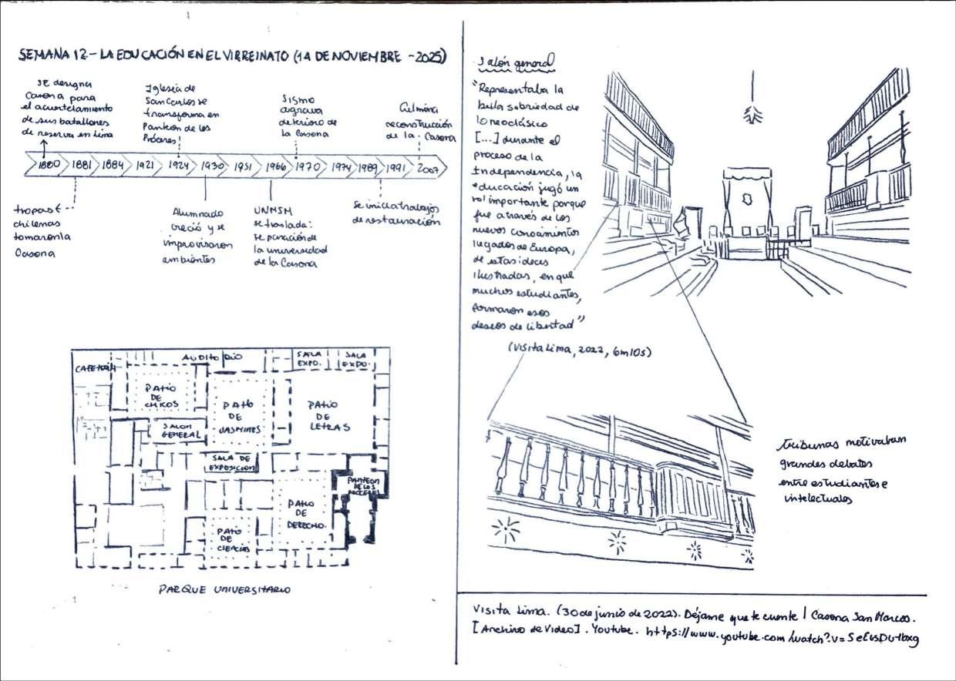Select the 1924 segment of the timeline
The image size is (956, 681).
tap(179, 165)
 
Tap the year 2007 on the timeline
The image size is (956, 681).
tap(426, 166)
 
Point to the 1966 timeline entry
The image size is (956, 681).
tap(275, 165)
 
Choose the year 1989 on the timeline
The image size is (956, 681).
tap(367, 166)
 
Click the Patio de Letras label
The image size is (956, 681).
tap(328, 415)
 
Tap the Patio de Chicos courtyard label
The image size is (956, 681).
tap(161, 394)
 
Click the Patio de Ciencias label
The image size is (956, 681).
tap(233, 539)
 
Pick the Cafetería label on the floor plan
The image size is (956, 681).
tap(94, 368)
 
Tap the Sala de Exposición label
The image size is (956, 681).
tap(230, 462)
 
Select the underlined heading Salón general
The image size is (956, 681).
tap(514, 62)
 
